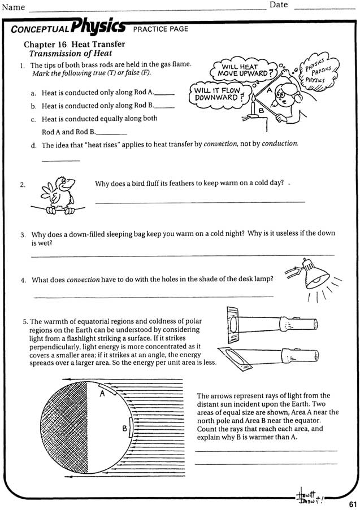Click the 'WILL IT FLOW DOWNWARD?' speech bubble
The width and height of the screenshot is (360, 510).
coord(218,94)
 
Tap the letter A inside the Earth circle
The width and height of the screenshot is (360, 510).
coord(103,394)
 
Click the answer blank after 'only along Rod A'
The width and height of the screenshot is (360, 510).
coord(164,94)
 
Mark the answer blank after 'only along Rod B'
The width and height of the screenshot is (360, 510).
coord(164,107)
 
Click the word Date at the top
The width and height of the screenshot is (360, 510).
coord(279,5)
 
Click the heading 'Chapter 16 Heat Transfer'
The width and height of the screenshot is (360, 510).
coord(74,44)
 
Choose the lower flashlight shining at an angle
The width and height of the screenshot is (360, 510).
coord(271,356)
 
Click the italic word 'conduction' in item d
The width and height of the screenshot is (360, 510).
coord(279,144)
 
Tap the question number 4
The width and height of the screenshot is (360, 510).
coord(23,280)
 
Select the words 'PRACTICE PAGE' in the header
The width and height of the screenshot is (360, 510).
coord(161,29)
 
